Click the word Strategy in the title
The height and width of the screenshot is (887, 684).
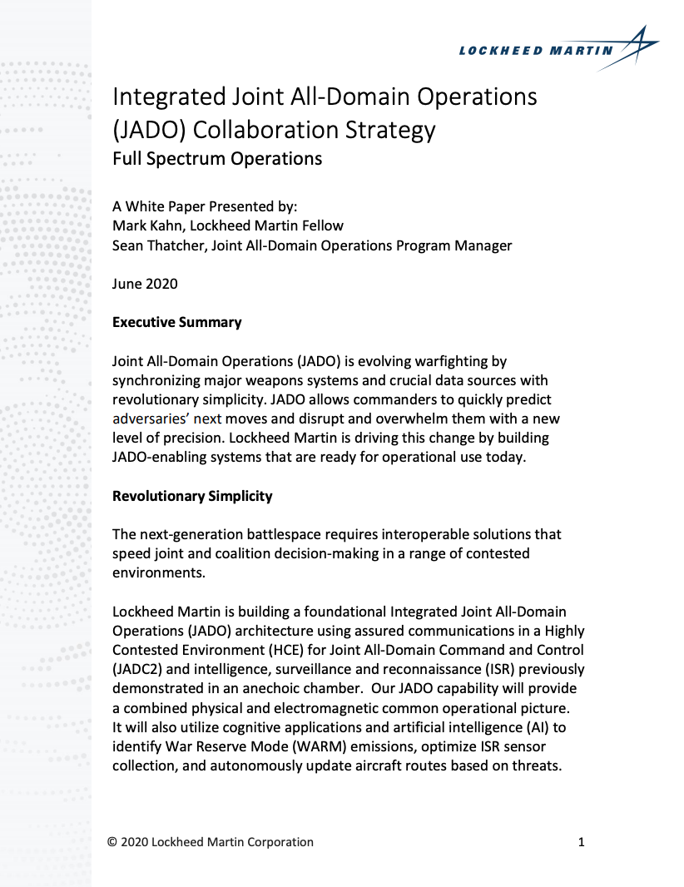[388, 130]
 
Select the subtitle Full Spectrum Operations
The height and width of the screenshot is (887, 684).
[217, 157]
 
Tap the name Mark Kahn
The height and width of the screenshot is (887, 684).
[146, 225]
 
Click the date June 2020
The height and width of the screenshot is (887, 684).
[145, 284]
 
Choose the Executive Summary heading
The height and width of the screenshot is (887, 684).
[177, 322]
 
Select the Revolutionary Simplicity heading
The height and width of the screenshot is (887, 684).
[192, 496]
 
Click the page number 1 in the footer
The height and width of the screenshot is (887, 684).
[581, 842]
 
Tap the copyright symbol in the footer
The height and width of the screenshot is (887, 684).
[112, 842]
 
